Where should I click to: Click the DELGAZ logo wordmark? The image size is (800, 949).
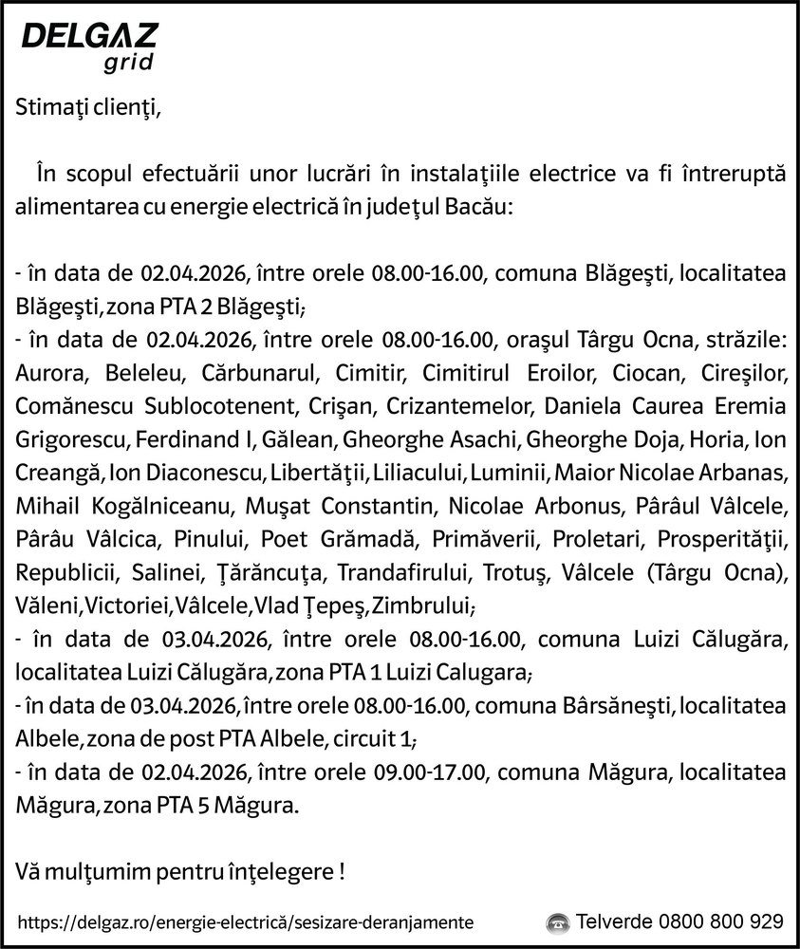tap(89, 39)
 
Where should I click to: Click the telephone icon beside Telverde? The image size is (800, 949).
tap(558, 921)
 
